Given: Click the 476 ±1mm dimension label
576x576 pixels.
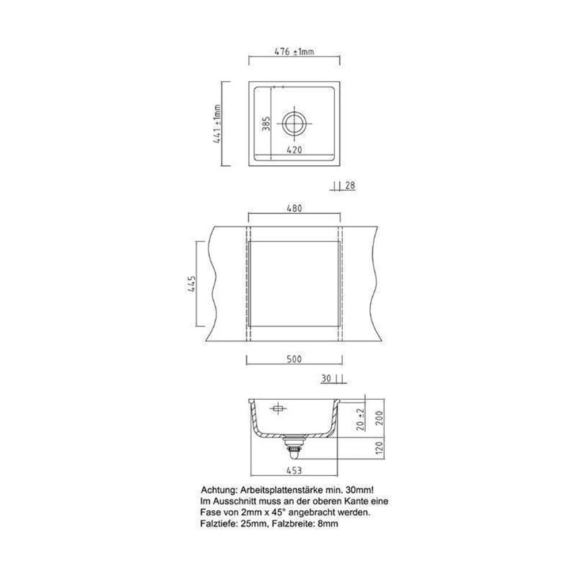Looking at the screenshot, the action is (x=294, y=52).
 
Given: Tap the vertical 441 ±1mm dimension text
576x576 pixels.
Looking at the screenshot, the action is (x=218, y=124).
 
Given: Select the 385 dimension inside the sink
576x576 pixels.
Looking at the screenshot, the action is (x=266, y=124).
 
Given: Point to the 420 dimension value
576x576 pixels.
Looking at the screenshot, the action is (x=294, y=150).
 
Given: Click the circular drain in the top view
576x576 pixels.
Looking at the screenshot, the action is (x=294, y=123).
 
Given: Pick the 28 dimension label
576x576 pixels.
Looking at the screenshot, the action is (x=350, y=185).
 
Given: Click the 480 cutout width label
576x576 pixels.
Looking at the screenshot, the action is (x=294, y=209).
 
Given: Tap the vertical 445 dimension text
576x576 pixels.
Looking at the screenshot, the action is (x=191, y=283).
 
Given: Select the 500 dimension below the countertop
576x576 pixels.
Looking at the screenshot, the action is (x=294, y=359).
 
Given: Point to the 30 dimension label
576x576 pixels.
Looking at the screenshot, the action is (x=326, y=378).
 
